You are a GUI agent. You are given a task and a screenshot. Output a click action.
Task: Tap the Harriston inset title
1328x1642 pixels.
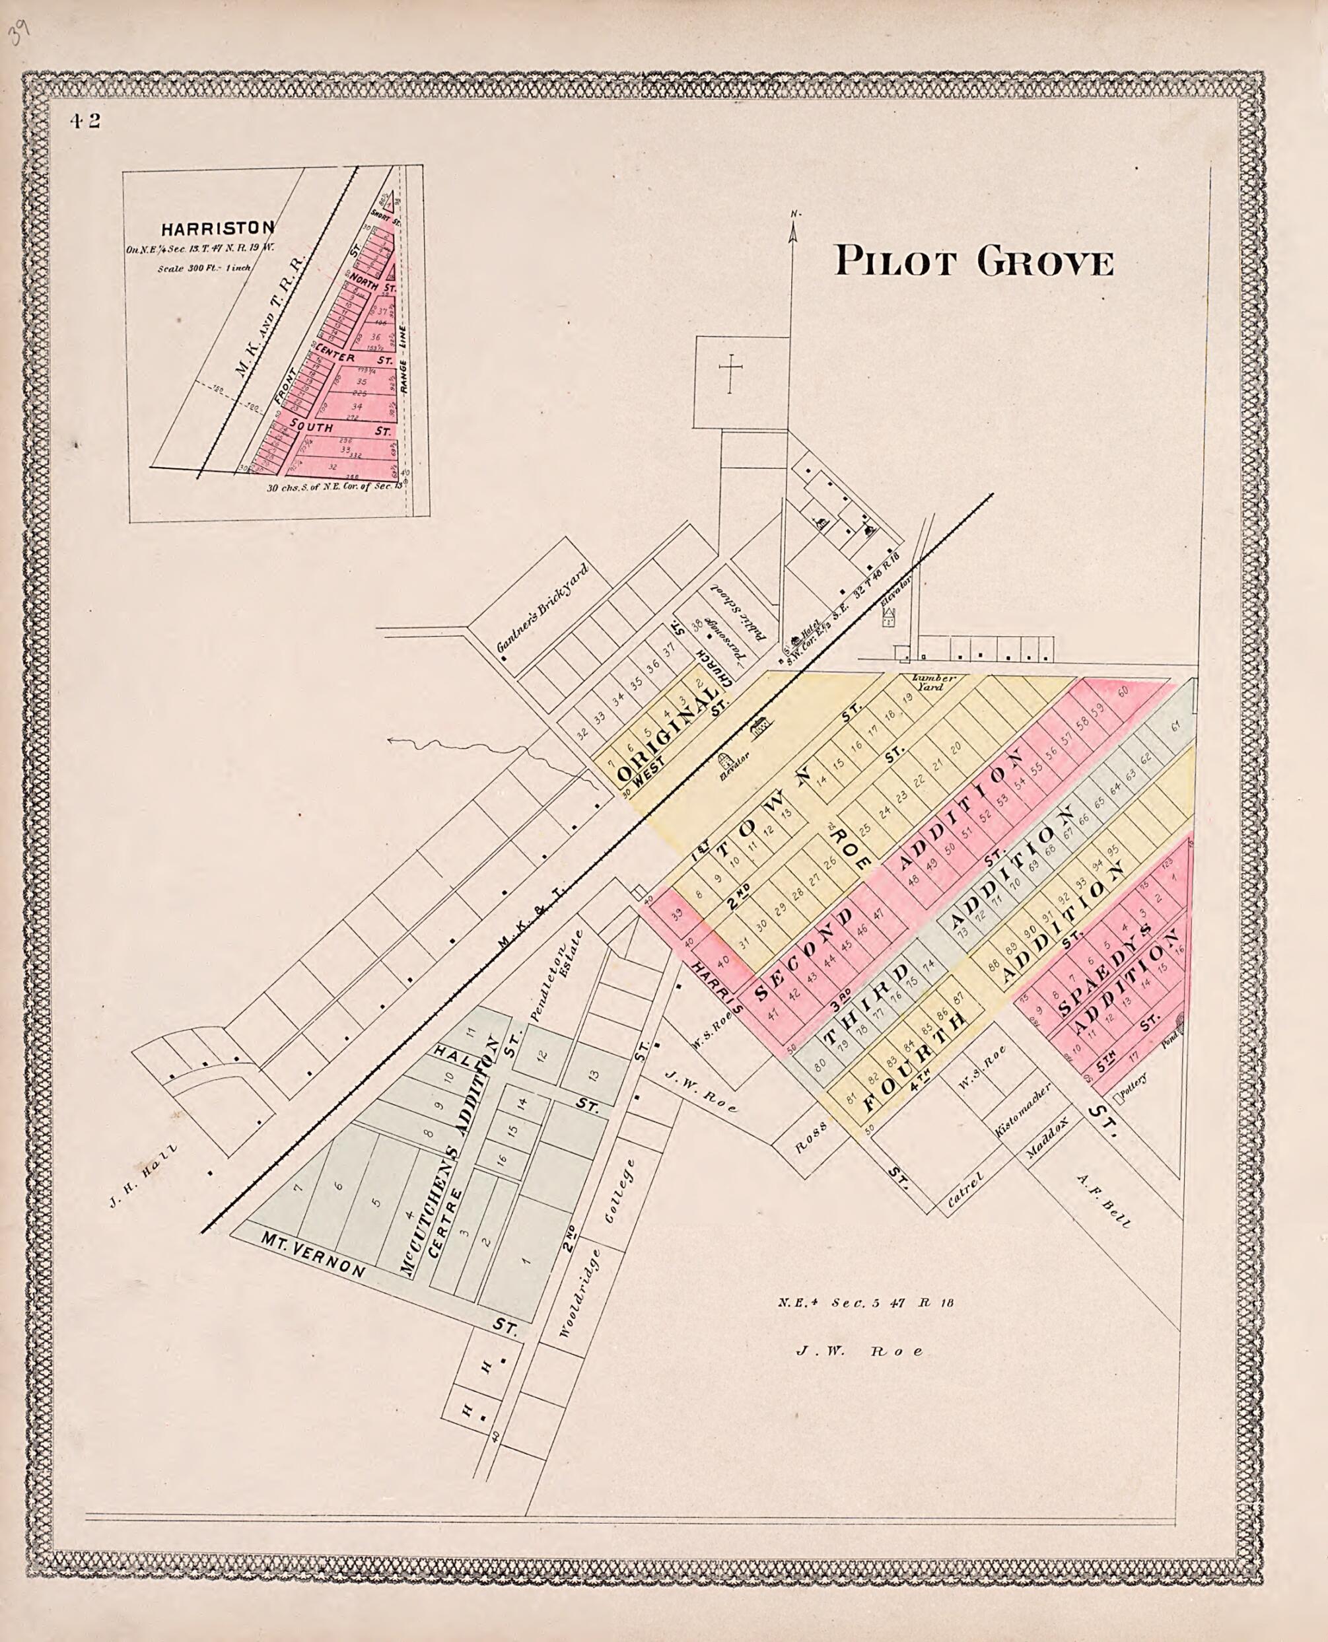point(217,228)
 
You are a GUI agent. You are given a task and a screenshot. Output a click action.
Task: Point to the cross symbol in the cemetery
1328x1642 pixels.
point(730,373)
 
